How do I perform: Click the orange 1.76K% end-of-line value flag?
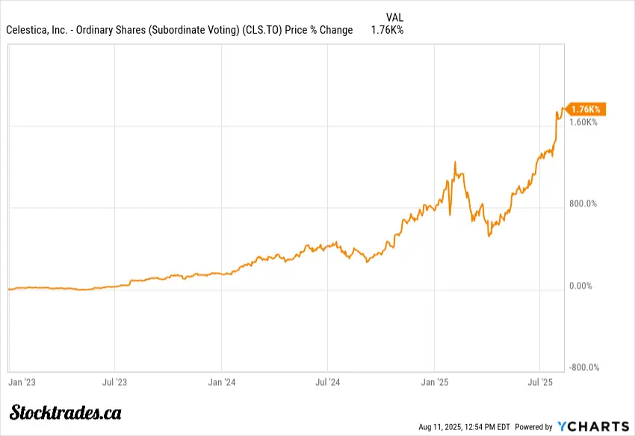point(585,109)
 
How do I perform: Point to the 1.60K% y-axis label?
point(583,122)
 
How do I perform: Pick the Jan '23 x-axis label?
point(22,382)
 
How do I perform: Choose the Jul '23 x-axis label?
point(114,382)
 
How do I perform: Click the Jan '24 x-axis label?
point(222,382)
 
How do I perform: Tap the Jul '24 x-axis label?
point(328,382)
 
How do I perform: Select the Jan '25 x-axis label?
point(436,382)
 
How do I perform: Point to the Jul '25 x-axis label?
point(541,382)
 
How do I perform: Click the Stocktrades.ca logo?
point(66,412)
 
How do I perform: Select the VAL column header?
point(395,17)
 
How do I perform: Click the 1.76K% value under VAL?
point(387,31)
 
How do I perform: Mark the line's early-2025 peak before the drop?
point(455,162)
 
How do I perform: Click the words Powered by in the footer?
point(532,427)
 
